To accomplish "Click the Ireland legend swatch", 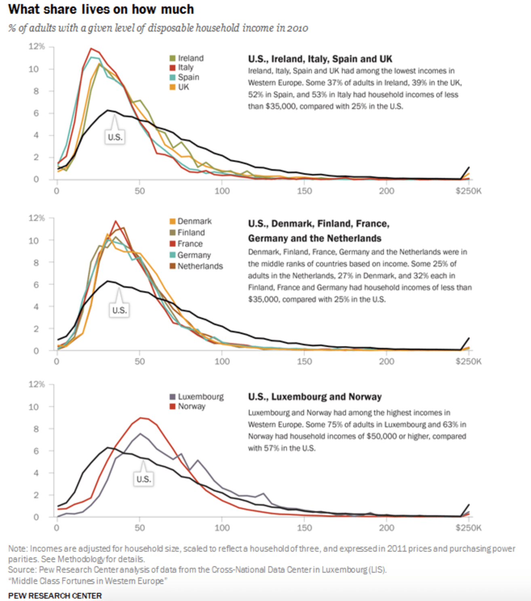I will click(173, 58).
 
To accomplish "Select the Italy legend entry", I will click(185, 68).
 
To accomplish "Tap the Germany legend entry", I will click(194, 255).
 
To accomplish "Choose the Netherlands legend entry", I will click(200, 266).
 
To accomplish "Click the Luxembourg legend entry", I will click(200, 397).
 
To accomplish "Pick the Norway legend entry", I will click(192, 406).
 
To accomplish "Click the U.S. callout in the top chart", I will click(115, 137).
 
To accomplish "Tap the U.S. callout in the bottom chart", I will click(143, 479).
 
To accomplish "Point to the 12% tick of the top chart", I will click(36, 47).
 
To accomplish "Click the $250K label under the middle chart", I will click(468, 361).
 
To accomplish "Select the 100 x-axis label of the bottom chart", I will click(222, 528).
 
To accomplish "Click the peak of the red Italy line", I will click(91, 49).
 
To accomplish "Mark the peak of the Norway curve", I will click(141, 418).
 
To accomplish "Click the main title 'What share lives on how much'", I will click(101, 9).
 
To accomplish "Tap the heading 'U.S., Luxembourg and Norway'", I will click(315, 397).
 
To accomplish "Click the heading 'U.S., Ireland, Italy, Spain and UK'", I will click(320, 59).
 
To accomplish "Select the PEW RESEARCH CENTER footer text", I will click(55, 596).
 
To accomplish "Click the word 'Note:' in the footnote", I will click(18, 549).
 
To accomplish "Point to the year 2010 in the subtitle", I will click(298, 28).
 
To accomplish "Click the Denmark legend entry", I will click(194, 221).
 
